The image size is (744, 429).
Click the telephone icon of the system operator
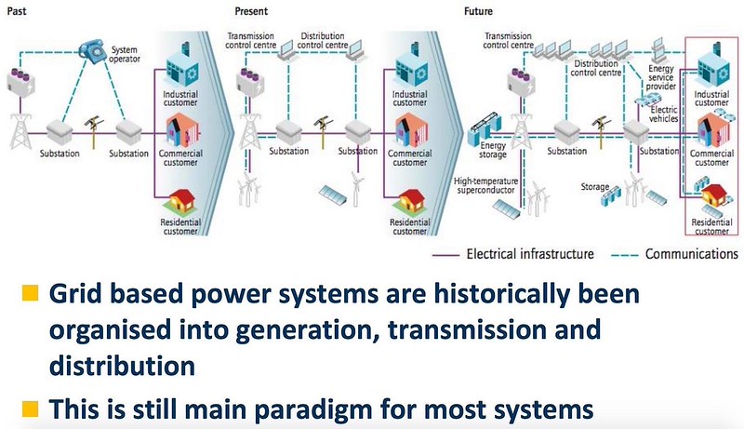93,51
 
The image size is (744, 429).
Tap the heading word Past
17,11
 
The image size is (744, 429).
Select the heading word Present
251,11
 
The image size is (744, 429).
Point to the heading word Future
478,11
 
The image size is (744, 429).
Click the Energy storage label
493,150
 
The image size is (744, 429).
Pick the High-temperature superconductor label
485,185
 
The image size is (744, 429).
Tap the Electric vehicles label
664,114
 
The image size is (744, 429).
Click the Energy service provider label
660,77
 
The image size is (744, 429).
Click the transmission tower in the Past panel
20,131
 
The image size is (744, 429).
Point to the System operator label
125,54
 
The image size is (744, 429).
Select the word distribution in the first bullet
122,366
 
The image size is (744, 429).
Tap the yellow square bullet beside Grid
30,293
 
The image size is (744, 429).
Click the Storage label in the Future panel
595,187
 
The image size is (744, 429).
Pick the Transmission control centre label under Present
250,40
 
